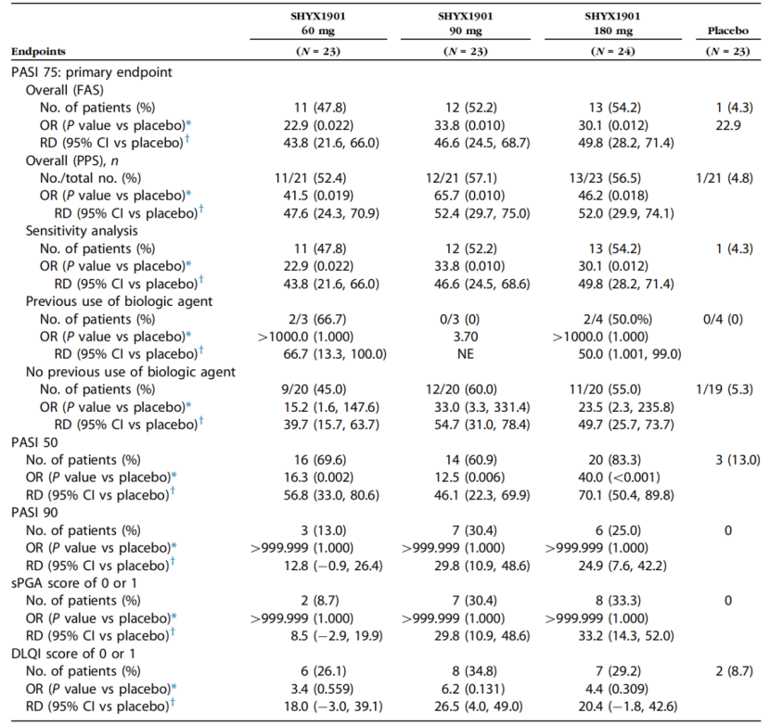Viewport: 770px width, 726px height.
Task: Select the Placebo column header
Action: pos(727,32)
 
